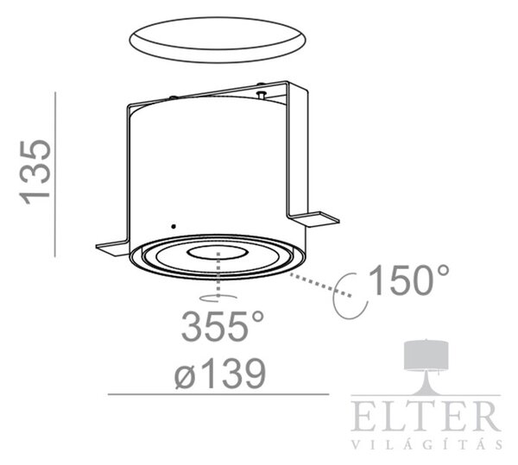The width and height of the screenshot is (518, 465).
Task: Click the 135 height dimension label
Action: point(35,173)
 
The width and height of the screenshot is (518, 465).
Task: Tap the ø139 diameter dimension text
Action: point(220,374)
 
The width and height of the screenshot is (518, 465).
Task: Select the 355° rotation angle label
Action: point(223,326)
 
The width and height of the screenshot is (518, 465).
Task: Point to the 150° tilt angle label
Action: point(409,280)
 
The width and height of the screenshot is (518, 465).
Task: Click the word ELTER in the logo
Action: point(426,416)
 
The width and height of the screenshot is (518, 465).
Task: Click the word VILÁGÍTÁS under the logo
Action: point(426,444)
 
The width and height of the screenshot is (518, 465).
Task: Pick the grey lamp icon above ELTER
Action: point(426,367)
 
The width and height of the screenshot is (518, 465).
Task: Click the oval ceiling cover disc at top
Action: point(217,40)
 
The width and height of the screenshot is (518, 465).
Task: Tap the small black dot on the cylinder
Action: point(174,226)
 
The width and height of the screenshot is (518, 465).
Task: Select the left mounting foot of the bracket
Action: point(111,248)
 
